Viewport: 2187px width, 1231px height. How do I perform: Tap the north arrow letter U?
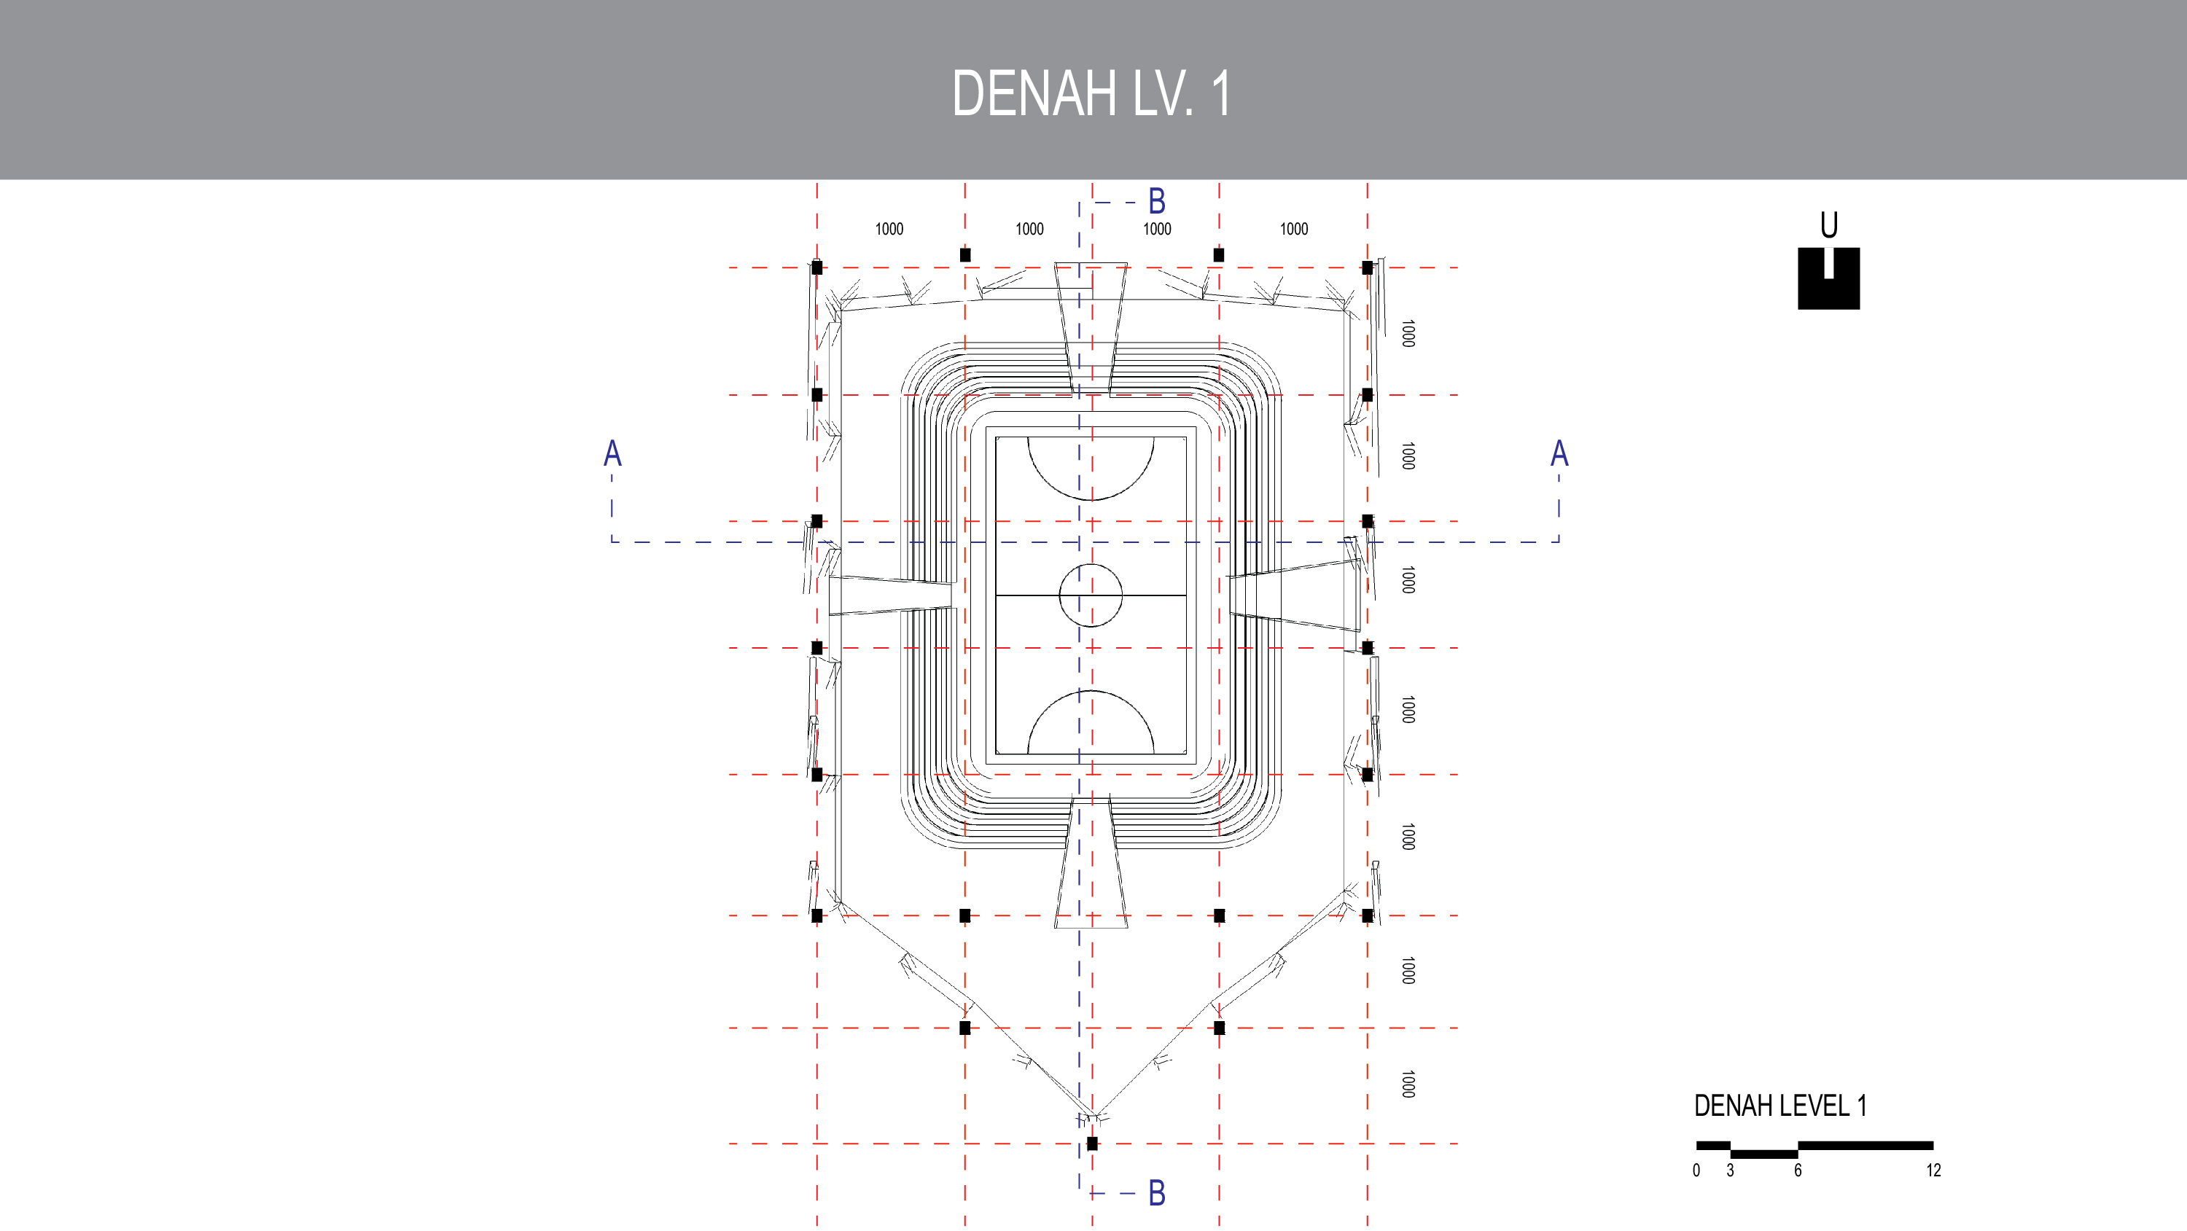(1829, 225)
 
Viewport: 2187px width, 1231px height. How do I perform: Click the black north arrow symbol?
(1829, 278)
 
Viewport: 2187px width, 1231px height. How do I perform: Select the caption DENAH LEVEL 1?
(1779, 1106)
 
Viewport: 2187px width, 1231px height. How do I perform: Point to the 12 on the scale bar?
(1933, 1171)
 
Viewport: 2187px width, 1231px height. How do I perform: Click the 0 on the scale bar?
(1696, 1171)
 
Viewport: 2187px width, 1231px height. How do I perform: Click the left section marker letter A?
(612, 453)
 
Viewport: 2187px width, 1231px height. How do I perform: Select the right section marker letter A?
(1559, 453)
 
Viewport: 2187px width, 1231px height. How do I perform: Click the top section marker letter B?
(1156, 202)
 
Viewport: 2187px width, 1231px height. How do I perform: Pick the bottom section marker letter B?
(1156, 1193)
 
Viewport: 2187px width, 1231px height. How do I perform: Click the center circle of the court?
(1091, 595)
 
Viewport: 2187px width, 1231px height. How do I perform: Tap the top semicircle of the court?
(1091, 469)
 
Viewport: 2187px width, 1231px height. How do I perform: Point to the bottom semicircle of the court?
(1091, 722)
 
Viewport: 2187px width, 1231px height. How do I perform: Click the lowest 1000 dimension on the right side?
(1408, 1084)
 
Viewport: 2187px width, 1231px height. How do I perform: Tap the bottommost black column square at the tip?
(1092, 1144)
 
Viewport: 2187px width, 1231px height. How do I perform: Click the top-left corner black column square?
(816, 267)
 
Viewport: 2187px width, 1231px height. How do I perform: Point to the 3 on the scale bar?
(1730, 1171)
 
